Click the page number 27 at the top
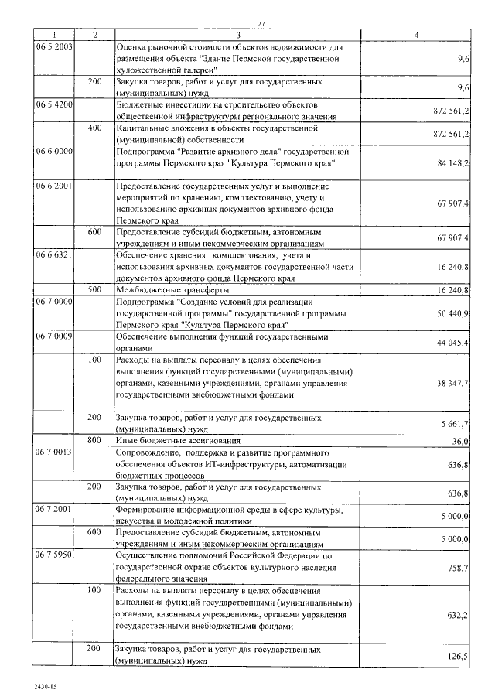coord(261,23)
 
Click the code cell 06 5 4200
coord(54,103)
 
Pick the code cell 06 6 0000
coord(54,151)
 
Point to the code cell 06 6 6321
coord(54,254)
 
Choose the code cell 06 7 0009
coord(54,336)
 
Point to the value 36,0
coord(460,441)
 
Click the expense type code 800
coord(94,440)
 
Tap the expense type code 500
coord(94,289)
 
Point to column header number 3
coord(238,35)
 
